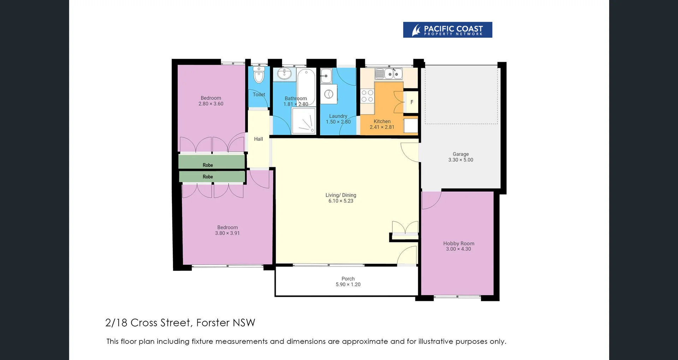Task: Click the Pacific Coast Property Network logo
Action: [447, 30]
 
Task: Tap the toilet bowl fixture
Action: [259, 75]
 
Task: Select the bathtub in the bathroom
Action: [306, 87]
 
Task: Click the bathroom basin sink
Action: [284, 74]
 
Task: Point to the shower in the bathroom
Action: [304, 121]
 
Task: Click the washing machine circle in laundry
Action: [329, 94]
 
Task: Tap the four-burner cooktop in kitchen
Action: [367, 96]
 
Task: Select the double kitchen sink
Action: [393, 74]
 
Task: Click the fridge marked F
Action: [412, 102]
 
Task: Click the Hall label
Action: [258, 139]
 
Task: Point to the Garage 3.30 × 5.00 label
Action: [460, 157]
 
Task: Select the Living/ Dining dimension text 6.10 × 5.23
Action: [341, 201]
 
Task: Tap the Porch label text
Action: [348, 279]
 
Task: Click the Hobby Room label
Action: [459, 244]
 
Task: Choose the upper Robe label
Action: [208, 165]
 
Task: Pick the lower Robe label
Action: [208, 177]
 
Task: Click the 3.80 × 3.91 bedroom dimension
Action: [227, 233]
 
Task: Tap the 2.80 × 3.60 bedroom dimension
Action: [211, 104]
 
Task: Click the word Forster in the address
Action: [213, 323]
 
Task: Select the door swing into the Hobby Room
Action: [432, 200]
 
